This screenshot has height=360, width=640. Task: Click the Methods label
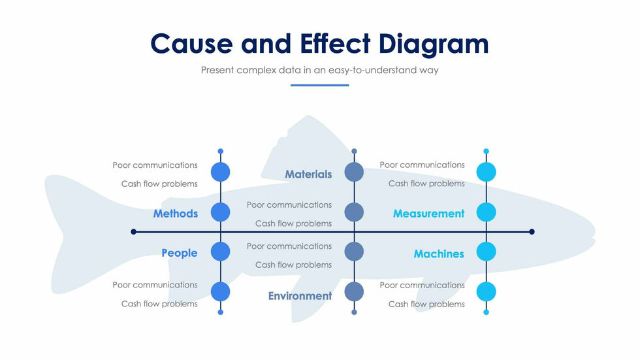175,214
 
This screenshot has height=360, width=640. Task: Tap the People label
179,253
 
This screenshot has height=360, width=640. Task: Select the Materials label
308,174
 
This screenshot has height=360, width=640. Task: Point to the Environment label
300,296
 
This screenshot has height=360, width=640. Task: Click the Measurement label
428,214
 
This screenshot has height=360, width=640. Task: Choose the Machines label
439,254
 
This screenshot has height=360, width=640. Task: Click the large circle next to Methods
221,212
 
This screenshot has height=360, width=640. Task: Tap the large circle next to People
221,252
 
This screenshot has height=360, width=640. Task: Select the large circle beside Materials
354,172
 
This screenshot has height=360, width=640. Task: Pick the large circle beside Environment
354,291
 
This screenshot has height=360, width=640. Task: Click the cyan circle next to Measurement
486,212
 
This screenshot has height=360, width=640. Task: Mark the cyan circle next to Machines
486,252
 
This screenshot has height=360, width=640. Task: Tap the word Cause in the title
191,44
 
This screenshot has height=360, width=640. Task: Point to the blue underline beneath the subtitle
319,85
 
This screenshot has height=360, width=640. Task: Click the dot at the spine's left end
134,231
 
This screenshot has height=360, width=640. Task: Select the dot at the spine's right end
532,231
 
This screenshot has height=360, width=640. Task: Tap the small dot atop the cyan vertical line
486,152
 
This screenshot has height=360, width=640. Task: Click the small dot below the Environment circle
354,312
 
